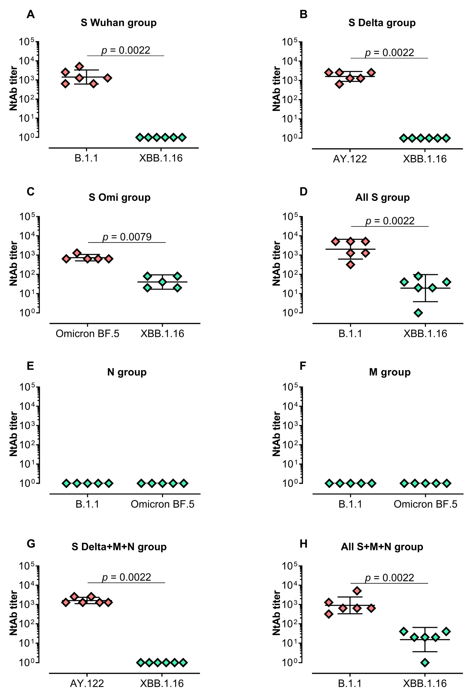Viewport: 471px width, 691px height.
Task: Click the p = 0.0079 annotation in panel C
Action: click(x=127, y=237)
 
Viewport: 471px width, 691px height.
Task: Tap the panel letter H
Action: click(x=303, y=544)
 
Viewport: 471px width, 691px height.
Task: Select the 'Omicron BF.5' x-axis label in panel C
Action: click(x=87, y=334)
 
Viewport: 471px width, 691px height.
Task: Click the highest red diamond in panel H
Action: click(x=357, y=591)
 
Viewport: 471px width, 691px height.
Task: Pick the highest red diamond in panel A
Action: click(x=79, y=66)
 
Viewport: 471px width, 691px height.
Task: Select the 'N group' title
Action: click(x=127, y=372)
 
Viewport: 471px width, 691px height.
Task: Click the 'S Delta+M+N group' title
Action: click(x=119, y=547)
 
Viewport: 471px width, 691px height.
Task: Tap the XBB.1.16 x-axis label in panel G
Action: click(x=162, y=684)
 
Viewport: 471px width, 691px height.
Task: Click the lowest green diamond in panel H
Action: click(x=425, y=662)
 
